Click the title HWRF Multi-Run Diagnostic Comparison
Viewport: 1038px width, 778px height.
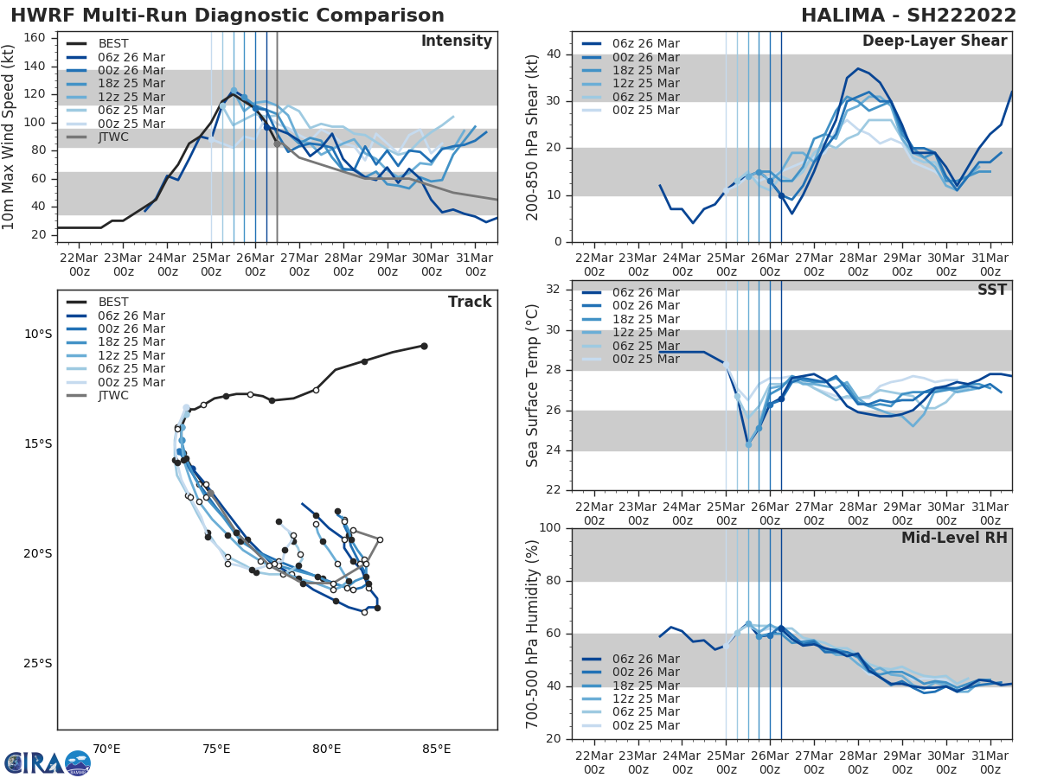click(227, 16)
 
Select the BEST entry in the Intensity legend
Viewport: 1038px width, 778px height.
click(113, 43)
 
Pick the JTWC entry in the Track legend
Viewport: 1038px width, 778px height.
click(113, 396)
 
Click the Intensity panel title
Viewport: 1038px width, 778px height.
click(456, 41)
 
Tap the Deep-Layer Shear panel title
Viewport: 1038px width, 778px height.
click(934, 41)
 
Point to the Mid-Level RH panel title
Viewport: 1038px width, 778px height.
click(954, 538)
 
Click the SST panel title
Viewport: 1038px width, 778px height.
click(992, 290)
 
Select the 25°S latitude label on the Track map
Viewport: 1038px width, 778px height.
click(37, 664)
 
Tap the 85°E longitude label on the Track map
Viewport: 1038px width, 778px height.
click(436, 749)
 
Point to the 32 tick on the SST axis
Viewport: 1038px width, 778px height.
click(554, 290)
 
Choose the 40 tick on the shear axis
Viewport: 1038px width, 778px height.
click(554, 54)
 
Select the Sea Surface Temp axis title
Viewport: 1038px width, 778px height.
click(533, 386)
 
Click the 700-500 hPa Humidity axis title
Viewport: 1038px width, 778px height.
click(533, 634)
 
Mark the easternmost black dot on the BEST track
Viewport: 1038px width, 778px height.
click(424, 346)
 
